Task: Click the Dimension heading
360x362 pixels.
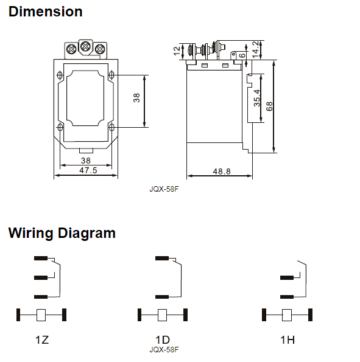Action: (46, 12)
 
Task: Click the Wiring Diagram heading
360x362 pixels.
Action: (62, 233)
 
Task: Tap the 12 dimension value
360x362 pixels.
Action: (177, 51)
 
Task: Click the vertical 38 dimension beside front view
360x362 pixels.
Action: (137, 97)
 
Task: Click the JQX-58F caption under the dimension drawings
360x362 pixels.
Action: (164, 189)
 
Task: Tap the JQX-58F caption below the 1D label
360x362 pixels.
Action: (164, 349)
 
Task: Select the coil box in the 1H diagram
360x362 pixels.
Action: (287, 315)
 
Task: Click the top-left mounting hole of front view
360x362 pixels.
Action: (60, 75)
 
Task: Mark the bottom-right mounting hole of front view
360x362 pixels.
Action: (111, 127)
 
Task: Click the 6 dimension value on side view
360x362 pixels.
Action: (242, 55)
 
